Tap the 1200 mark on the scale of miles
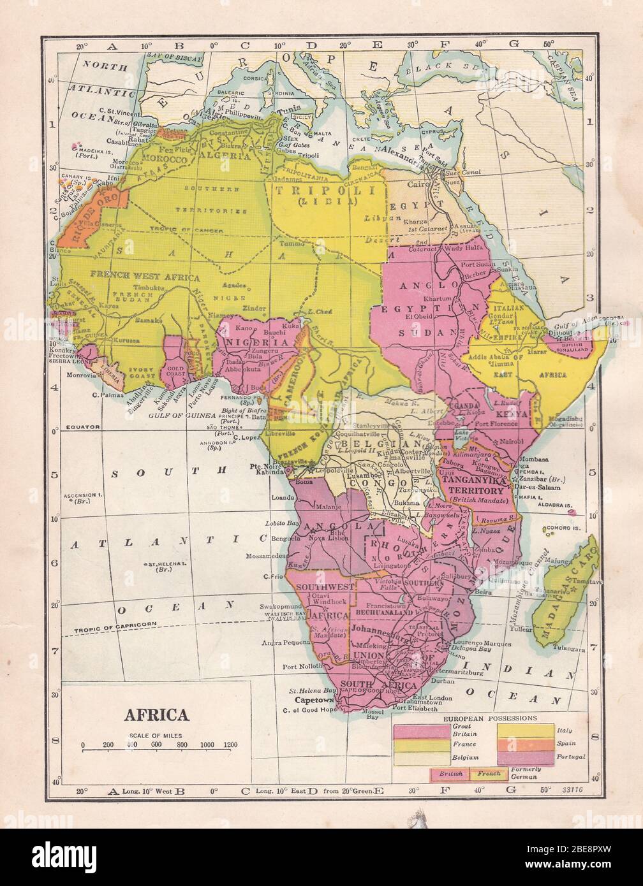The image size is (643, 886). pos(230,744)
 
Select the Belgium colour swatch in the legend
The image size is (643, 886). pos(421,757)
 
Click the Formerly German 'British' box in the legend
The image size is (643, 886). pos(450,774)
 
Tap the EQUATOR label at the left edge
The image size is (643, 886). pos(81,426)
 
